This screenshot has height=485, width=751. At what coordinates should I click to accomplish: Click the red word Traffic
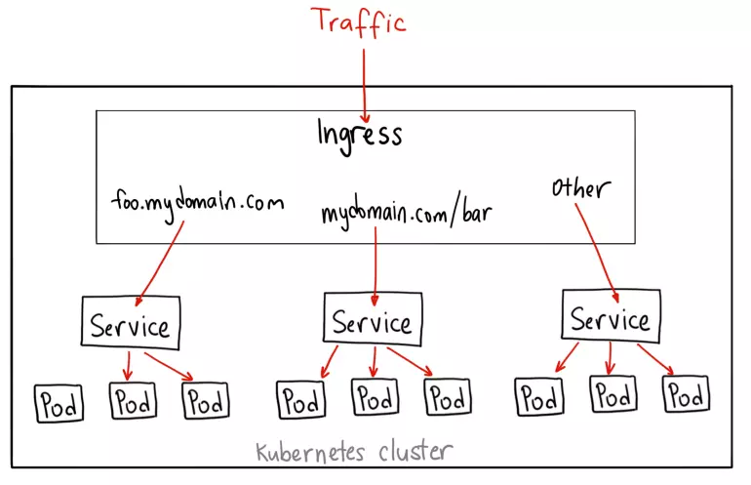(357, 21)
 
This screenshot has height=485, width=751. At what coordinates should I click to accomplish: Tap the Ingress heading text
(359, 134)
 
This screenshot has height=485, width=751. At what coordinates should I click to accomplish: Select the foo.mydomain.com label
(197, 203)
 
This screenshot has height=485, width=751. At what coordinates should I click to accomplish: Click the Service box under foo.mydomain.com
(130, 326)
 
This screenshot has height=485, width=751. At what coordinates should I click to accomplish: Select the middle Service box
(372, 321)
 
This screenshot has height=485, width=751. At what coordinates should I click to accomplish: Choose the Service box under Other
(610, 318)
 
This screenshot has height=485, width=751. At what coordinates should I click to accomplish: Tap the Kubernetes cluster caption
(354, 452)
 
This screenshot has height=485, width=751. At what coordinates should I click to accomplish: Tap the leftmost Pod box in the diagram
(59, 402)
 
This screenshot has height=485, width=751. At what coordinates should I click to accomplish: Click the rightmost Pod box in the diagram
(686, 395)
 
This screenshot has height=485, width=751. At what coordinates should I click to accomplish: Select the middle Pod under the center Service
(375, 398)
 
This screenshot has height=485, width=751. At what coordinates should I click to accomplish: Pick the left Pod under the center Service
(301, 399)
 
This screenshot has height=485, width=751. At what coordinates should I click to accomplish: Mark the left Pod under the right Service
(538, 397)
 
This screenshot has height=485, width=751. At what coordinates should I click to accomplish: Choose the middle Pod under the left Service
(133, 400)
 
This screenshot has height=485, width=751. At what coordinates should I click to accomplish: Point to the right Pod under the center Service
(448, 398)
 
